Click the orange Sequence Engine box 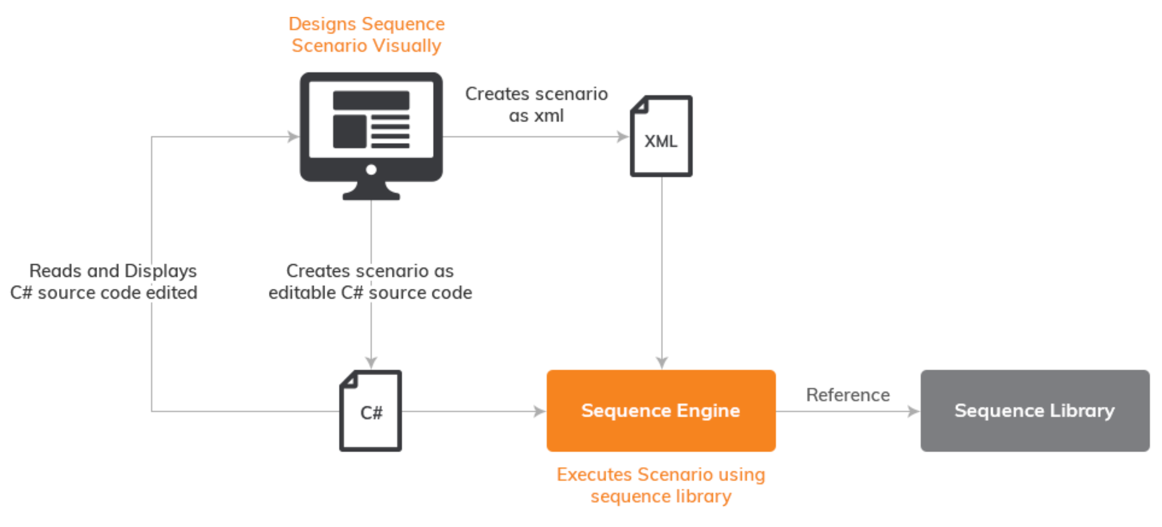[x=661, y=410]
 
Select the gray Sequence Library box [x=1035, y=410]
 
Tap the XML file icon [x=661, y=136]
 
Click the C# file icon [x=371, y=410]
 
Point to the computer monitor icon [x=371, y=136]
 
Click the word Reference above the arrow [x=848, y=395]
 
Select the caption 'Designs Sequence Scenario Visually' [x=367, y=35]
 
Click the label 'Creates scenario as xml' [x=536, y=105]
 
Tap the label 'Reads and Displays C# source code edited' [x=104, y=282]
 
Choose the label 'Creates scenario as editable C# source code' [x=371, y=282]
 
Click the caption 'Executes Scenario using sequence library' [x=661, y=485]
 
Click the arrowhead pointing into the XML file [x=623, y=136]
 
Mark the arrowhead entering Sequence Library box [x=914, y=411]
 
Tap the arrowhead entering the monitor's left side [x=293, y=136]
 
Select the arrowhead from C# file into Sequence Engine [x=540, y=411]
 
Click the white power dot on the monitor [x=371, y=170]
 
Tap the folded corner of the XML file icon [x=639, y=105]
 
